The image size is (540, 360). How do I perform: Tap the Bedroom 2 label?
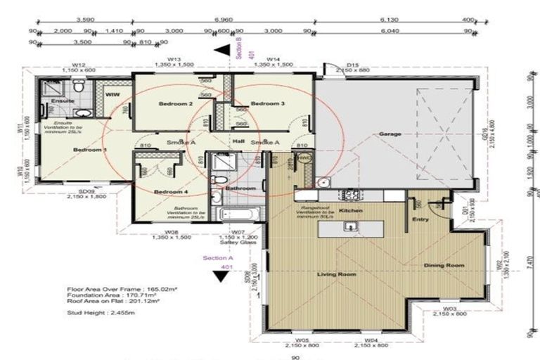pos(175,104)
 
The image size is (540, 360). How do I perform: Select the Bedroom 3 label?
pos(267,104)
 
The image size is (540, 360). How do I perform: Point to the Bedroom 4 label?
pos(171,192)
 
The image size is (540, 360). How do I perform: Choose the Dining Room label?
pos(445,265)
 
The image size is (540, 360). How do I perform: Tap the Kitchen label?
pos(350,210)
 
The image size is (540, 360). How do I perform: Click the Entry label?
pos(421,220)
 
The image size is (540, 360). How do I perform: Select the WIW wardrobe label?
pos(112,94)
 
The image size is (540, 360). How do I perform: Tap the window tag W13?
pos(174,59)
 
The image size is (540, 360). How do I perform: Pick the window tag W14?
pos(273,59)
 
